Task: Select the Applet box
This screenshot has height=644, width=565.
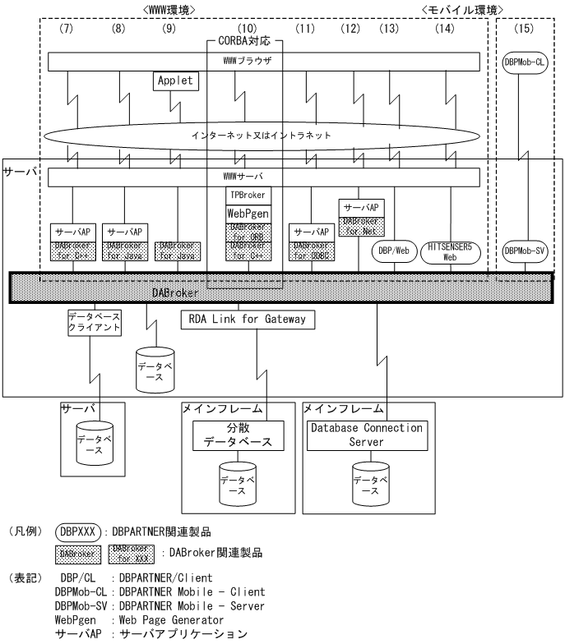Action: click(x=173, y=82)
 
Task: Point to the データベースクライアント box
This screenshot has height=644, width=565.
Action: click(x=94, y=323)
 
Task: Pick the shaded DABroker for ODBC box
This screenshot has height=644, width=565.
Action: click(x=310, y=250)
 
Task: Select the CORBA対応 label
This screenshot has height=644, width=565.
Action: click(x=243, y=39)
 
